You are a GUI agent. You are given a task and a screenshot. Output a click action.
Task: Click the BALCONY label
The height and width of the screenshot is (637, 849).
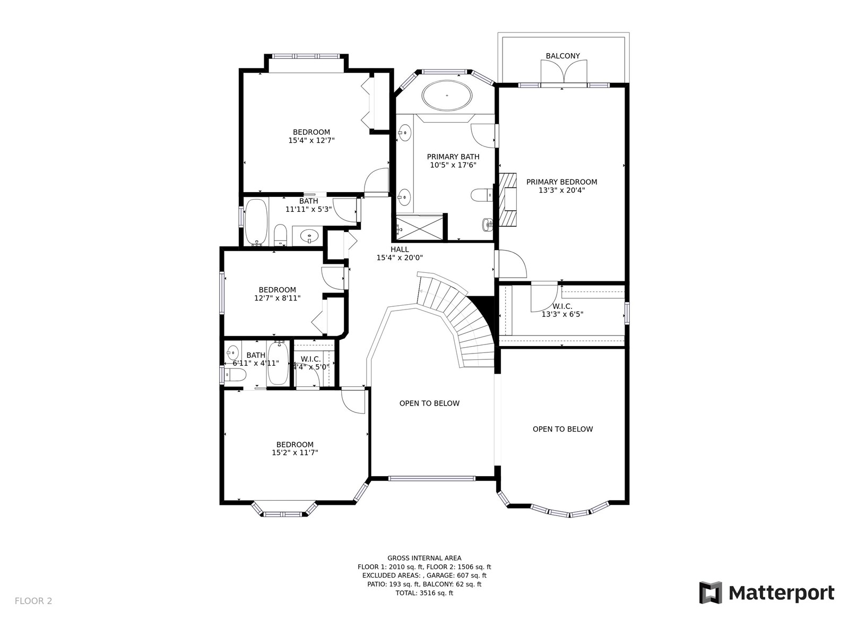(x=562, y=56)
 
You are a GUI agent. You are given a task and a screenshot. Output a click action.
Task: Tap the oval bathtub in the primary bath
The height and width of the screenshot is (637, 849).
(x=447, y=95)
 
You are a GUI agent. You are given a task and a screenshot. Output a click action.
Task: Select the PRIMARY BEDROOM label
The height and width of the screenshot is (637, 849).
(x=561, y=182)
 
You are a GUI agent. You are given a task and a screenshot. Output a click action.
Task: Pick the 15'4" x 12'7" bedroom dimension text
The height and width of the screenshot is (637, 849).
(x=311, y=140)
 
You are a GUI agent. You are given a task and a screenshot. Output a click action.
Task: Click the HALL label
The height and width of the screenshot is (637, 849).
(x=400, y=249)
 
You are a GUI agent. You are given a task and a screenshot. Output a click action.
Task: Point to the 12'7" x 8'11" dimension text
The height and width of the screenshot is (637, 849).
(x=277, y=298)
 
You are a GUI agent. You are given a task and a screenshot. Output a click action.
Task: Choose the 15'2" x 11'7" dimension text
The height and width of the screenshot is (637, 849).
(x=294, y=452)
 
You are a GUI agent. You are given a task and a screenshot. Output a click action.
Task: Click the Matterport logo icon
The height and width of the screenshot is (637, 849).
(x=711, y=592)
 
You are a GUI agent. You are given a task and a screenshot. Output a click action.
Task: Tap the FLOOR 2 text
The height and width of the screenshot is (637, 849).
(x=33, y=601)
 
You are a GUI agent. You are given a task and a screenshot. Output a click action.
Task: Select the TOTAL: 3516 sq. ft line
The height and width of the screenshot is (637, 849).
(x=424, y=593)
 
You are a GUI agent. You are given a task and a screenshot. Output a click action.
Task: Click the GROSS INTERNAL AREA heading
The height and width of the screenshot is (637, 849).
(x=424, y=558)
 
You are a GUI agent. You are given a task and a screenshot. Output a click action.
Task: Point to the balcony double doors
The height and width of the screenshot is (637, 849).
(x=564, y=72)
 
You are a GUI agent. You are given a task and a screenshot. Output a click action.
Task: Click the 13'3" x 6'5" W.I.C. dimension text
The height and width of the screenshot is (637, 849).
(x=562, y=314)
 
